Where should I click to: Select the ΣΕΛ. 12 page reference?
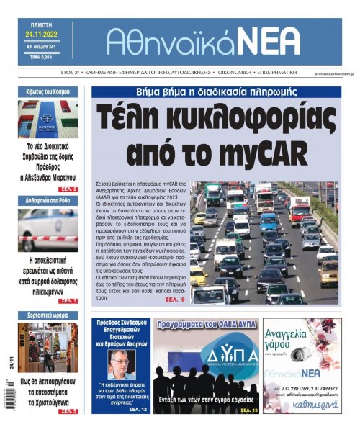click(x=138, y=410)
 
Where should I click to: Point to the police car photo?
click(x=48, y=230)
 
